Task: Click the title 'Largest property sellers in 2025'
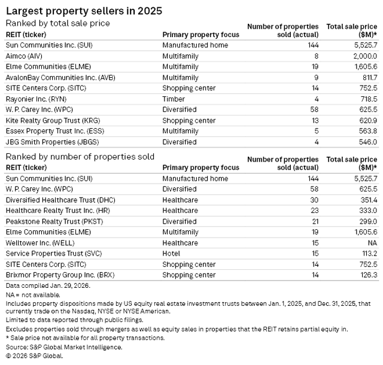click(x=83, y=11)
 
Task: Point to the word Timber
click(x=174, y=99)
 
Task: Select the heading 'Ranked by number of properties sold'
click(x=80, y=156)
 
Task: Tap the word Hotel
click(x=171, y=254)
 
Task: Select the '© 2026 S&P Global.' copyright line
click(x=34, y=356)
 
